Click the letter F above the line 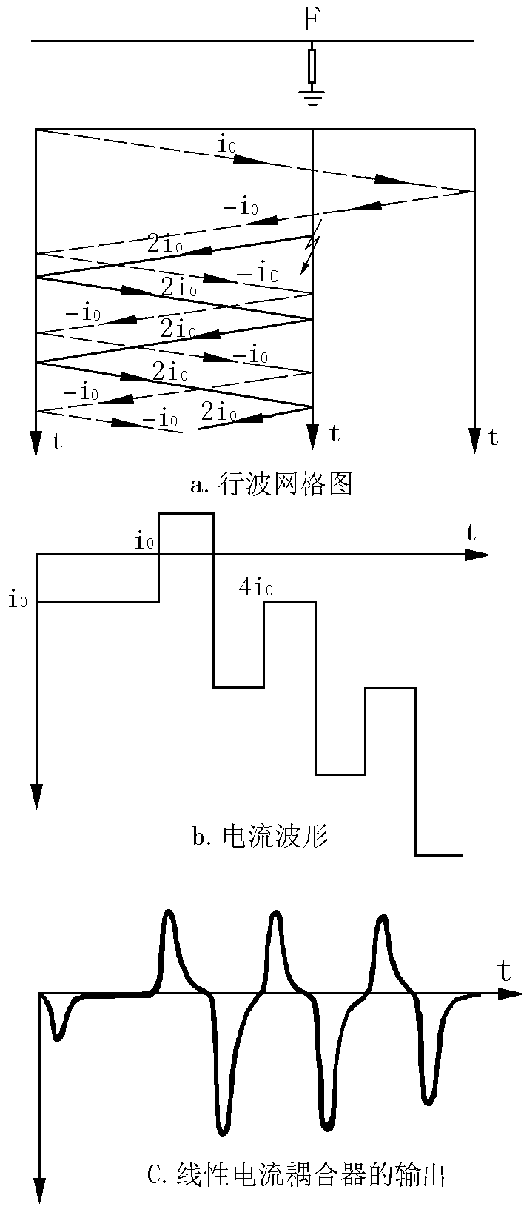(311, 20)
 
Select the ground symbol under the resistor (312, 97)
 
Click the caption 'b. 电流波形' (260, 837)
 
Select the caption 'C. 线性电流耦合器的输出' (296, 1174)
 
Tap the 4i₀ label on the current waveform (256, 589)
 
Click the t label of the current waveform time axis (470, 532)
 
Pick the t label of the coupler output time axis (505, 971)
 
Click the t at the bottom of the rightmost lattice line (493, 438)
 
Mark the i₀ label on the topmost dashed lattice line (226, 144)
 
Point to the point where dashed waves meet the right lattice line (473, 192)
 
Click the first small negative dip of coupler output (58, 1038)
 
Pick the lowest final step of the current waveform (438, 855)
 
